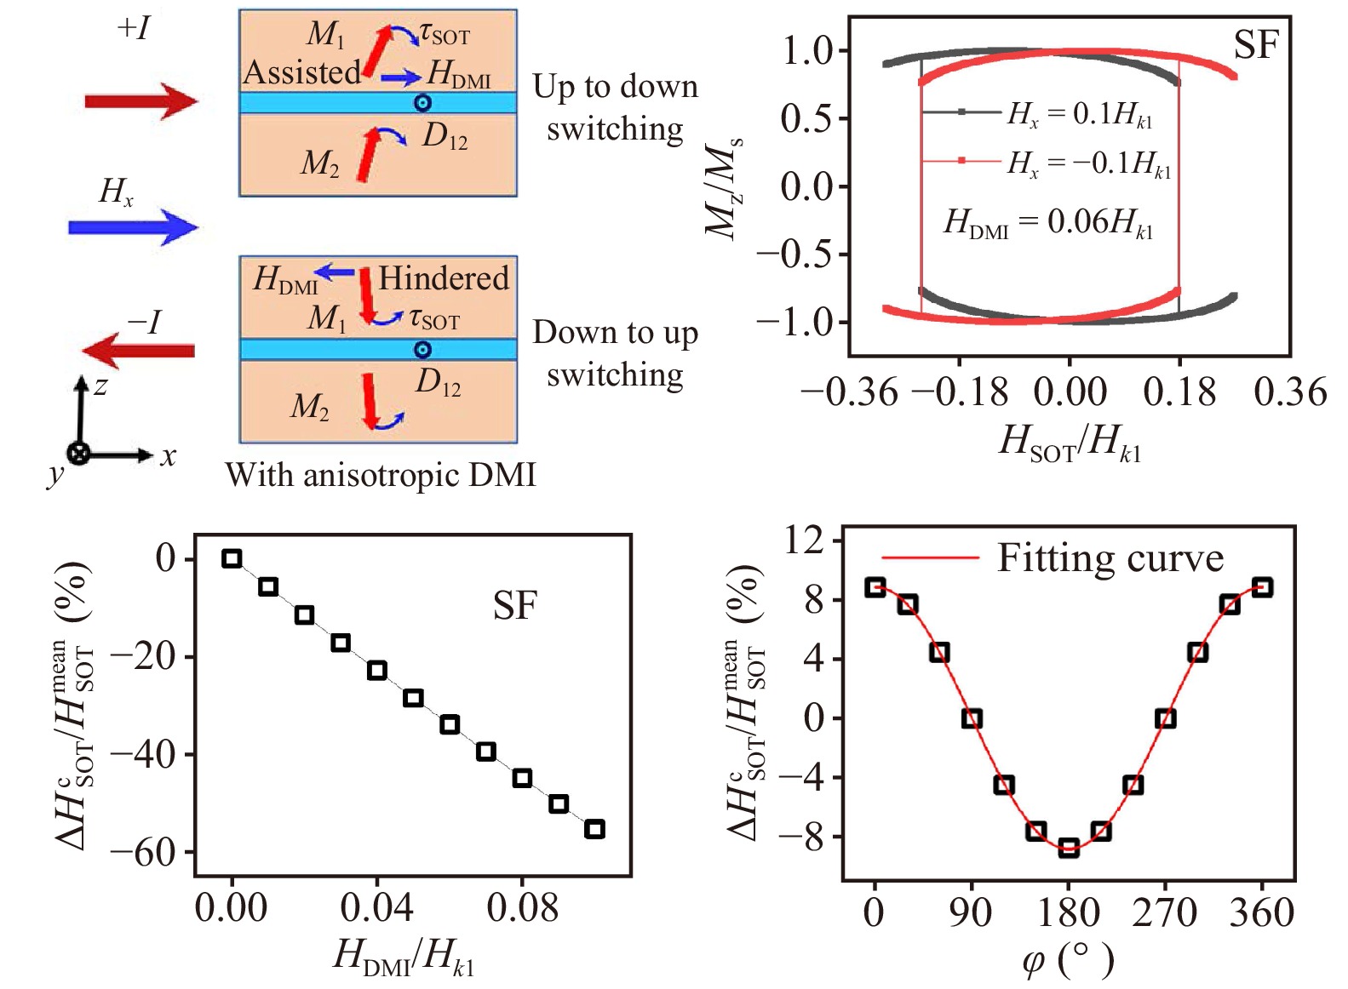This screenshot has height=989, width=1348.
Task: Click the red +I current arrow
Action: click(x=141, y=102)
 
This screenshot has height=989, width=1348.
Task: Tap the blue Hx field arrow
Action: click(x=133, y=227)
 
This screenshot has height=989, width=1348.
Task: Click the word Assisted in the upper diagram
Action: click(x=301, y=72)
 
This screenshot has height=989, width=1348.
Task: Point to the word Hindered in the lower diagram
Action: click(x=443, y=278)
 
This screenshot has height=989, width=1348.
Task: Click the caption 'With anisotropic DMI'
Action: click(x=381, y=475)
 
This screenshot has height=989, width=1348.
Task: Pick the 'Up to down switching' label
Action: click(x=615, y=107)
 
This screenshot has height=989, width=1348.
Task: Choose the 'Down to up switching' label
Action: click(x=615, y=353)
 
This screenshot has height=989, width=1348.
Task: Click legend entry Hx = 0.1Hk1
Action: click(x=1080, y=113)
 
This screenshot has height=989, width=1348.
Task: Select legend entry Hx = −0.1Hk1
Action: click(x=1089, y=162)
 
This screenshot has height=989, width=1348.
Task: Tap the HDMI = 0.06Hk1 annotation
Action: click(x=1048, y=222)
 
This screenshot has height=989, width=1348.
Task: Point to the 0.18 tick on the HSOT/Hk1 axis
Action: click(x=1179, y=392)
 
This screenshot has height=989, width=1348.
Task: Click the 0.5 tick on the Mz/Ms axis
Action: click(x=806, y=118)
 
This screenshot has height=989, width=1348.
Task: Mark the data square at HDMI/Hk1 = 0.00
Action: click(x=232, y=558)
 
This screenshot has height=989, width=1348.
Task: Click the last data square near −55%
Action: click(x=594, y=829)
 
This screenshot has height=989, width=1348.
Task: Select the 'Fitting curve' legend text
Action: click(x=1110, y=558)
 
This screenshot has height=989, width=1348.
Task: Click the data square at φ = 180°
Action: click(x=1069, y=847)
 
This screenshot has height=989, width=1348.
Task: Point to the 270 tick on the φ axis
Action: click(x=1164, y=912)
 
